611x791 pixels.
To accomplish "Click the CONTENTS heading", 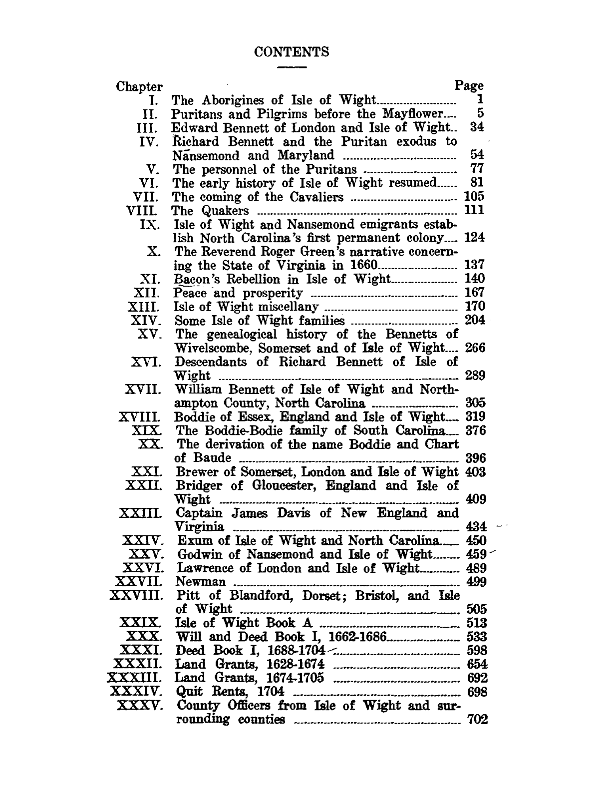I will [292, 52].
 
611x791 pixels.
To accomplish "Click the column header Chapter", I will [139, 87].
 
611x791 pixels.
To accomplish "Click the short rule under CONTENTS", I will [292, 66].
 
